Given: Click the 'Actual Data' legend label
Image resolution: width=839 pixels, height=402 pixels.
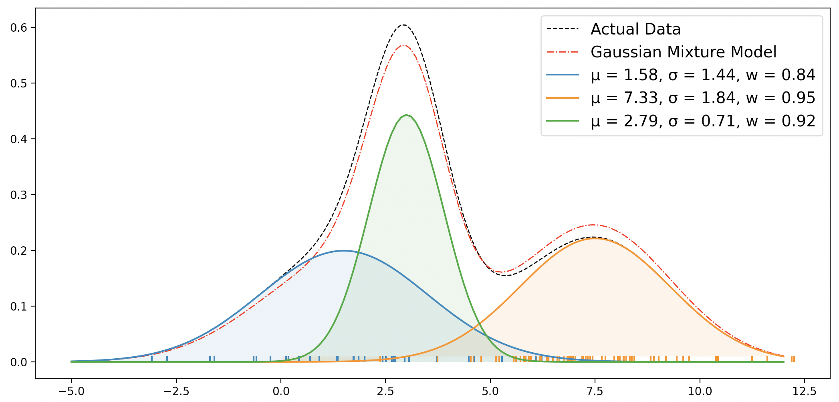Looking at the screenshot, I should click(635, 29).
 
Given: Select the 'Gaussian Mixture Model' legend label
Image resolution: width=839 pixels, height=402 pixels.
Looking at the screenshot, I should click(684, 52).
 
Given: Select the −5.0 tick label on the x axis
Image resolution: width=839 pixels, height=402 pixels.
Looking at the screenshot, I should click(71, 391).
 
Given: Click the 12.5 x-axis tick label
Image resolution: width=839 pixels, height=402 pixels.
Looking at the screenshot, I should click(805, 391).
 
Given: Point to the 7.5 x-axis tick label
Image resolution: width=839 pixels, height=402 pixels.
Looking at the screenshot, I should click(595, 391).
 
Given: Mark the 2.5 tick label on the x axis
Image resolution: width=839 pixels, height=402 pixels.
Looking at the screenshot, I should click(385, 391).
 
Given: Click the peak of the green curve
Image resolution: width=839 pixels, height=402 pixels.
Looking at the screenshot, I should click(406, 115).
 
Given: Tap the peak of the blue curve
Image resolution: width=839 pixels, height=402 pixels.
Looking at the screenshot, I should click(344, 251).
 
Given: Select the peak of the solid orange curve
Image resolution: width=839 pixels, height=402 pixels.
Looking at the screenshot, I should click(594, 238).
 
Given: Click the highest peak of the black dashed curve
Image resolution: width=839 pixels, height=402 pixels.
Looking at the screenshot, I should click(403, 25).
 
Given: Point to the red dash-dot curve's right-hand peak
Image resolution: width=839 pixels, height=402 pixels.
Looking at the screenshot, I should click(593, 225).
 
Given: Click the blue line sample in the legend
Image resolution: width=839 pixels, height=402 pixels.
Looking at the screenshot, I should click(563, 75).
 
